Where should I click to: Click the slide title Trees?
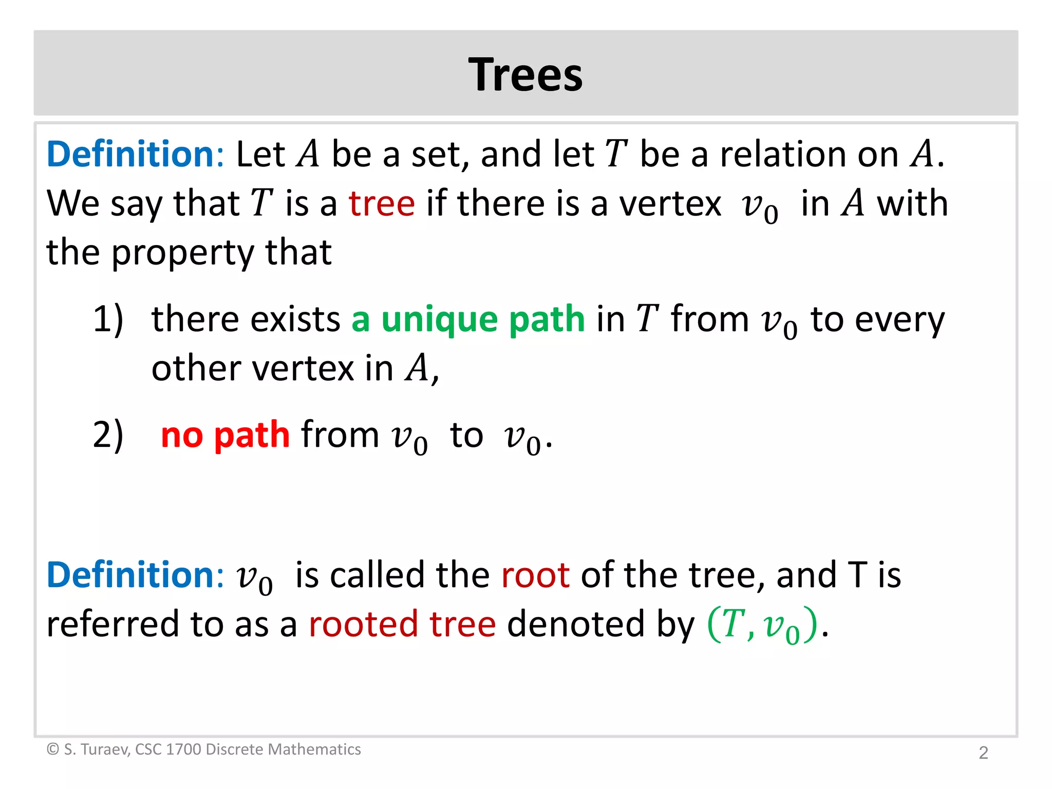525,75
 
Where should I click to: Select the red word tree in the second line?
382,203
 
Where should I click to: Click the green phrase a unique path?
468,320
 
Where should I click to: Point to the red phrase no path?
225,435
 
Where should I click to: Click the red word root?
535,575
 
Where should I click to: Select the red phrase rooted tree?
402,624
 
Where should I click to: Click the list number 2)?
108,435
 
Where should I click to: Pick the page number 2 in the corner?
983,753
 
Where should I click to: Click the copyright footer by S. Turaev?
203,749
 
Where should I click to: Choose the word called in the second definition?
377,575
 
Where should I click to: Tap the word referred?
112,624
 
